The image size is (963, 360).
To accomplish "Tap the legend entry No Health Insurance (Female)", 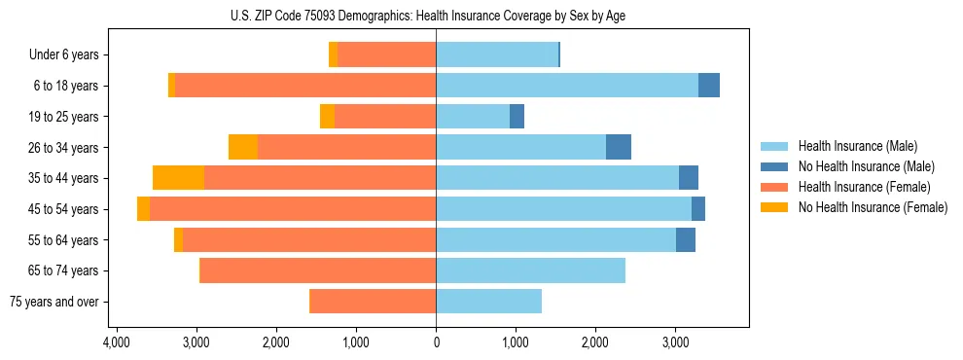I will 873,207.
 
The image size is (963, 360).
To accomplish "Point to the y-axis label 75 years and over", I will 53,302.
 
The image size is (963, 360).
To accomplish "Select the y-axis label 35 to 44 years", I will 64,178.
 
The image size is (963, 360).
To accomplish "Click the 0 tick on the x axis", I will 436,342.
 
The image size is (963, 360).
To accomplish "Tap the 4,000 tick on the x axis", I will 117,342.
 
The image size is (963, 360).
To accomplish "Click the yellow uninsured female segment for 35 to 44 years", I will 178,178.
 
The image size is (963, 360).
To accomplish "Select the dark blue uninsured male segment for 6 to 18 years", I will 709,86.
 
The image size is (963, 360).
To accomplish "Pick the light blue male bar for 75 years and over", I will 488,302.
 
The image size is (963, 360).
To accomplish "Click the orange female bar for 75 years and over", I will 373,302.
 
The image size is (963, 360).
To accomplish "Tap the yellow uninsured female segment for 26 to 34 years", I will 243,147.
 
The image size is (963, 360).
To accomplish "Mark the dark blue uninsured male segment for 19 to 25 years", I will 517,117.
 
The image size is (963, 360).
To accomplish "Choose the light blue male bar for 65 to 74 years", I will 530,270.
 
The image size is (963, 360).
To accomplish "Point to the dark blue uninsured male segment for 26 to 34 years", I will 619,147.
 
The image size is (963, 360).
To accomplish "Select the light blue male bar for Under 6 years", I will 497,54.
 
